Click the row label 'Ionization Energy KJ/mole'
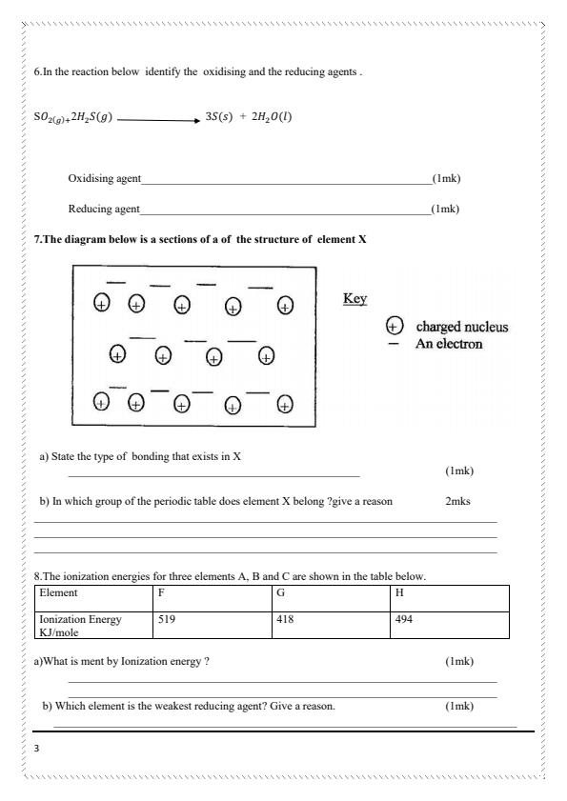click(x=92, y=625)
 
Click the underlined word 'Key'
click(x=354, y=299)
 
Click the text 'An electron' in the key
click(x=448, y=344)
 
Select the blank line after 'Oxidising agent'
click(x=286, y=181)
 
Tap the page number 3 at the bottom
click(x=36, y=748)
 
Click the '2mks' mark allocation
click(x=457, y=500)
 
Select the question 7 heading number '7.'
click(x=37, y=240)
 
